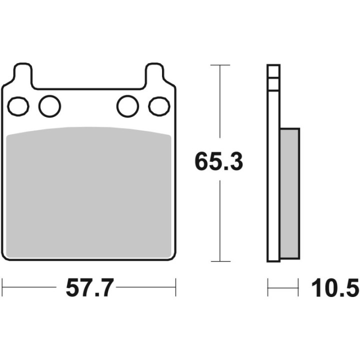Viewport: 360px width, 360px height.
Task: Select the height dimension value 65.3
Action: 219,162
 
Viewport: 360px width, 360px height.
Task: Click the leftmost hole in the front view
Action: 18,106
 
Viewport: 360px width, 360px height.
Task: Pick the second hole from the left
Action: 49,106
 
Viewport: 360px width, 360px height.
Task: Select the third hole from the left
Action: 127,106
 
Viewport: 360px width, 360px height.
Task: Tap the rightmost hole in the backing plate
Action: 159,106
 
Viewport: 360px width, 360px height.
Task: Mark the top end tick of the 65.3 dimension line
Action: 220,65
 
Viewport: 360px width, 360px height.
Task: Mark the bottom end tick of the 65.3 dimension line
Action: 220,261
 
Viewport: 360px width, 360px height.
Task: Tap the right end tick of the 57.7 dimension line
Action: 175,287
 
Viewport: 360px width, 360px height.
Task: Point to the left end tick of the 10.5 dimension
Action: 268,287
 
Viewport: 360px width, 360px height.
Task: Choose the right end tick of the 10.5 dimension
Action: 299,287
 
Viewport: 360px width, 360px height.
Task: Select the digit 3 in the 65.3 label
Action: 235,162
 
